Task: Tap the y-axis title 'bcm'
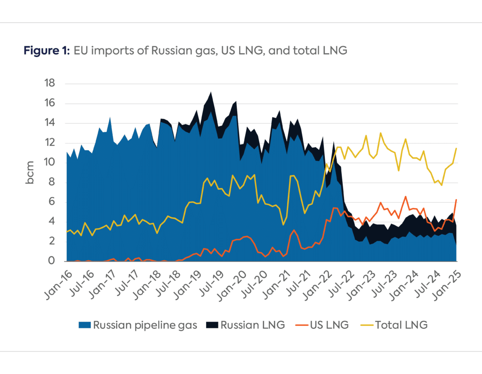pyautogui.click(x=30, y=172)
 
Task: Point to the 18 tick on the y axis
pyautogui.click(x=49, y=84)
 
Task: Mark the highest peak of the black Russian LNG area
pyautogui.click(x=210, y=92)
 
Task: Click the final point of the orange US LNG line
pyautogui.click(x=456, y=200)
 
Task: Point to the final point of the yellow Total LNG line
pyautogui.click(x=456, y=148)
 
